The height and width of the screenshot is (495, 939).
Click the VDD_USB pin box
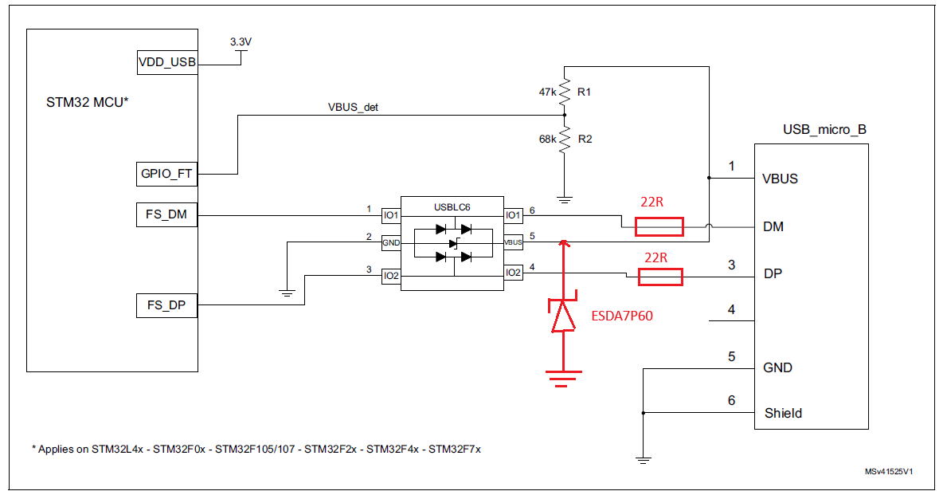click(167, 62)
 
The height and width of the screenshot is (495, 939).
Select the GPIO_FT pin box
click(167, 173)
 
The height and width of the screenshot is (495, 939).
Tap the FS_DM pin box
click(167, 214)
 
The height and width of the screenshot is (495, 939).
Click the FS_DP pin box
click(167, 305)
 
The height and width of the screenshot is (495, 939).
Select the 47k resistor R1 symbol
click(564, 92)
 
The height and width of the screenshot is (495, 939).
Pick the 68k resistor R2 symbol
click(564, 139)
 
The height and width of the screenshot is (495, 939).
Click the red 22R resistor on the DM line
click(659, 227)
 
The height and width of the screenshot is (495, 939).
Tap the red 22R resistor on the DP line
click(659, 277)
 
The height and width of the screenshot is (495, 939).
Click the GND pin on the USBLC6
click(390, 242)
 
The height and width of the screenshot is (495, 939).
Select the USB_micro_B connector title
click(824, 130)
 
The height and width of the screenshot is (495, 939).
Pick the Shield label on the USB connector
click(783, 413)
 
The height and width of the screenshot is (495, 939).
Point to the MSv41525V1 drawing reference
click(889, 472)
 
